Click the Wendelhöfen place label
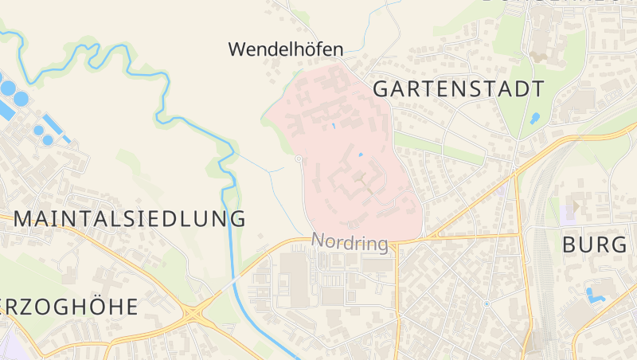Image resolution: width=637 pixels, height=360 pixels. tap(285, 49)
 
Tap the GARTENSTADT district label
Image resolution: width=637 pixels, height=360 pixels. tap(459, 88)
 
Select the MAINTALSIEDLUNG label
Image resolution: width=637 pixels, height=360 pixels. tap(130, 218)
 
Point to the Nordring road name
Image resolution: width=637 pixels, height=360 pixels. tap(350, 241)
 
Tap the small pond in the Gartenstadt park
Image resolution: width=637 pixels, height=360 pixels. tap(534, 119)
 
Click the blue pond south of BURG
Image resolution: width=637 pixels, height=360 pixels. tap(596, 295)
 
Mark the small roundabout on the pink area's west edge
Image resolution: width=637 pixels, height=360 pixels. tap(298, 159)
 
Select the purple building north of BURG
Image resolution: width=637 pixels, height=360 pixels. tap(569, 213)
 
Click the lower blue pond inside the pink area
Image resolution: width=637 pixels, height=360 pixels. tap(361, 154)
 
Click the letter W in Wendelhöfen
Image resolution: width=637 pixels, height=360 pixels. tap(236, 49)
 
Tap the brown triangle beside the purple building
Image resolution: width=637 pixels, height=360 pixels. tap(577, 205)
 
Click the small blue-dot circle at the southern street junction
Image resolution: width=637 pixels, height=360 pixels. tap(486, 304)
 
